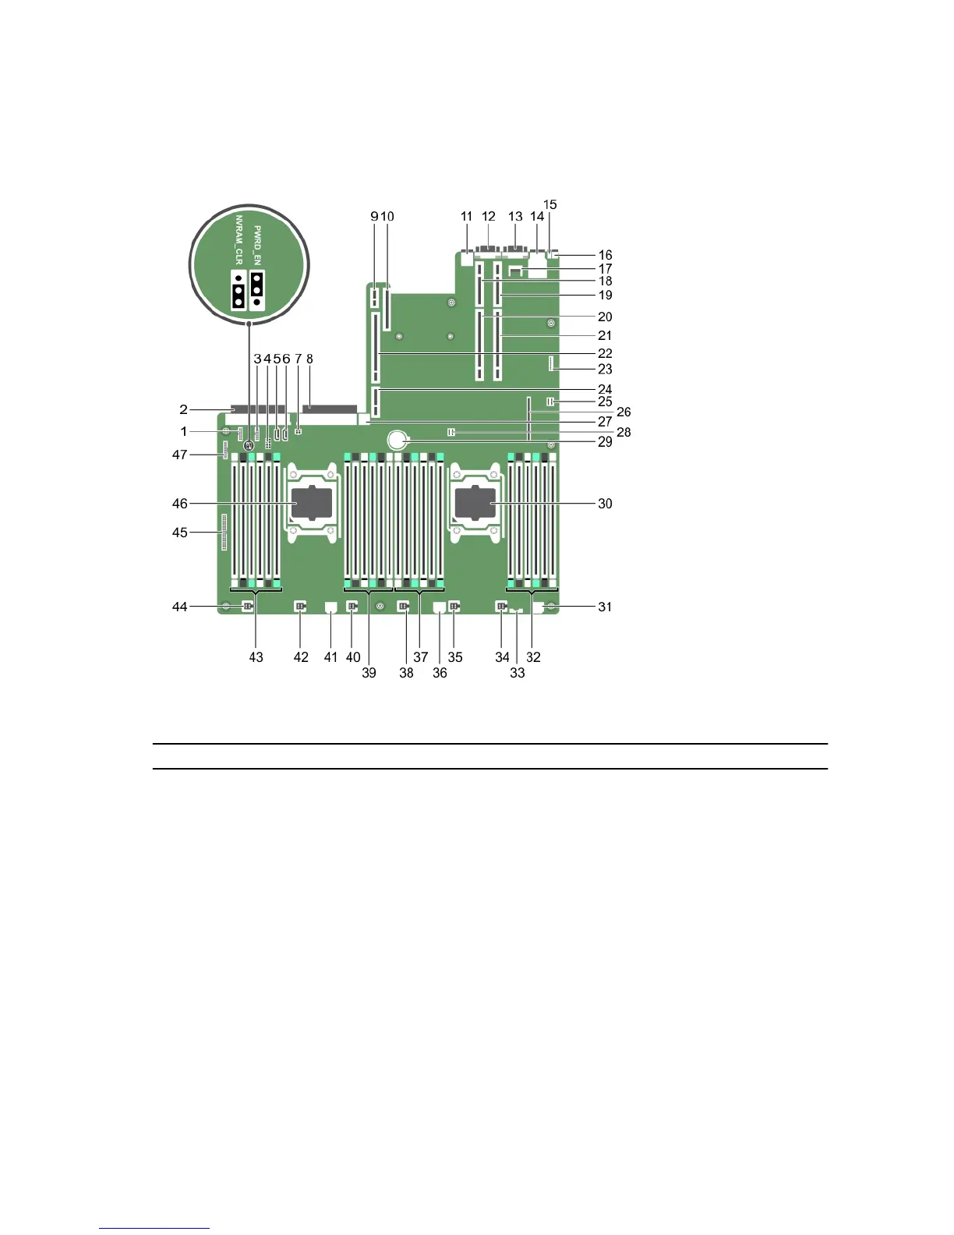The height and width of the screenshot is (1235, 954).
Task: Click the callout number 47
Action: coord(180,455)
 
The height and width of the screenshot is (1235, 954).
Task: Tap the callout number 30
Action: coord(605,504)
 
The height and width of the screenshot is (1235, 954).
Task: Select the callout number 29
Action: coord(605,441)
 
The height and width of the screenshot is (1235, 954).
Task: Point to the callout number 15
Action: coord(549,205)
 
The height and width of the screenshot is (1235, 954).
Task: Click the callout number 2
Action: coord(183,409)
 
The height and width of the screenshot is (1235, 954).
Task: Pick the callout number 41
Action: coord(331,657)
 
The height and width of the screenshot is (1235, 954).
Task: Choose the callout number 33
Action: coord(518,672)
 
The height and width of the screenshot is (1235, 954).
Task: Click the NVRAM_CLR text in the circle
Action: coord(239,239)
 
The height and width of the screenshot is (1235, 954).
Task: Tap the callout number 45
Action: coord(180,533)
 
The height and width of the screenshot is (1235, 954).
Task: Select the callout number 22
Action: coord(605,353)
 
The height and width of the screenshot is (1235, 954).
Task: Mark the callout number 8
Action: coord(309,359)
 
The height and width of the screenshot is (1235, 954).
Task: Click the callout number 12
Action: coord(489,216)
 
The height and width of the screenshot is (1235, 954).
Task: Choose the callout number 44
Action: coord(180,607)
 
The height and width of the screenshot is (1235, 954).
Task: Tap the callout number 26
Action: coord(624,412)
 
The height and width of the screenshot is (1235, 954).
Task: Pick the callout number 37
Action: coord(421,657)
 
